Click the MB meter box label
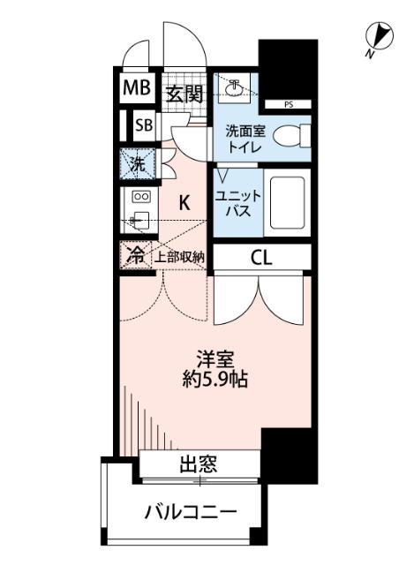tap(137, 88)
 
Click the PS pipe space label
tap(290, 105)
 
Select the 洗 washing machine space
tap(138, 164)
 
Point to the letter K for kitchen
tap(184, 202)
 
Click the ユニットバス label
tap(235, 203)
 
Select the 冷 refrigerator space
tap(136, 256)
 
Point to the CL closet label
tap(260, 258)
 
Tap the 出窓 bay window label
tap(200, 464)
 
